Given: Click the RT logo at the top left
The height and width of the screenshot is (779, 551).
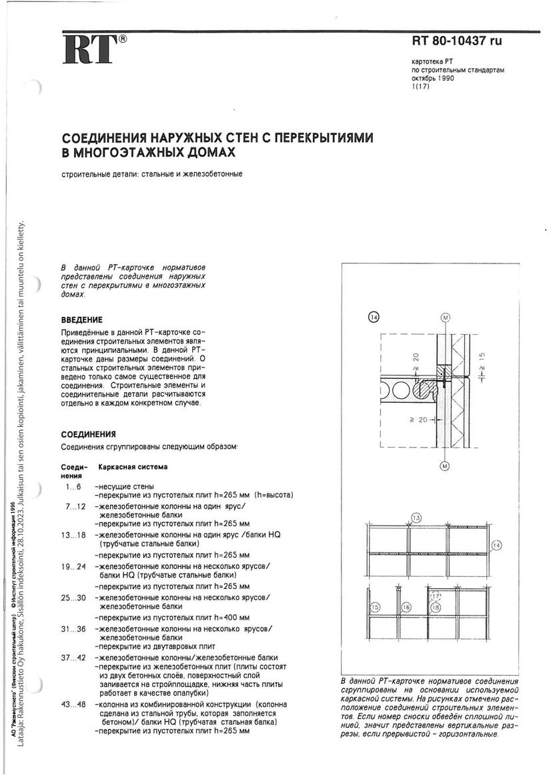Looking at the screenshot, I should click(88, 50).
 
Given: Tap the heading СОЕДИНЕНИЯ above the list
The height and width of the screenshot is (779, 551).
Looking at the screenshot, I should click(89, 434).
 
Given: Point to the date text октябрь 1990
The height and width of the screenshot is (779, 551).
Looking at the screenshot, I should click(433, 78).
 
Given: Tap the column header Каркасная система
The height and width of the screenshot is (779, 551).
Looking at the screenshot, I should click(133, 467).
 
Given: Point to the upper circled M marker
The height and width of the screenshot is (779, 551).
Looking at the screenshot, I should click(445, 317).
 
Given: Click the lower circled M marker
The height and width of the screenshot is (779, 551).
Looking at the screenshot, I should click(445, 467).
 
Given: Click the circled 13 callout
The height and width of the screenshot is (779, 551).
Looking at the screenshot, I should click(416, 518).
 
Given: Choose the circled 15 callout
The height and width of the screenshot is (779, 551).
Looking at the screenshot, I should click(374, 607).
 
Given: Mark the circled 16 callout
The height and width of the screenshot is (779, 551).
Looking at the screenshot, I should click(406, 607).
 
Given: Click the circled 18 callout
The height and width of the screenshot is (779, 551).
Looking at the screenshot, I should click(436, 607).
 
